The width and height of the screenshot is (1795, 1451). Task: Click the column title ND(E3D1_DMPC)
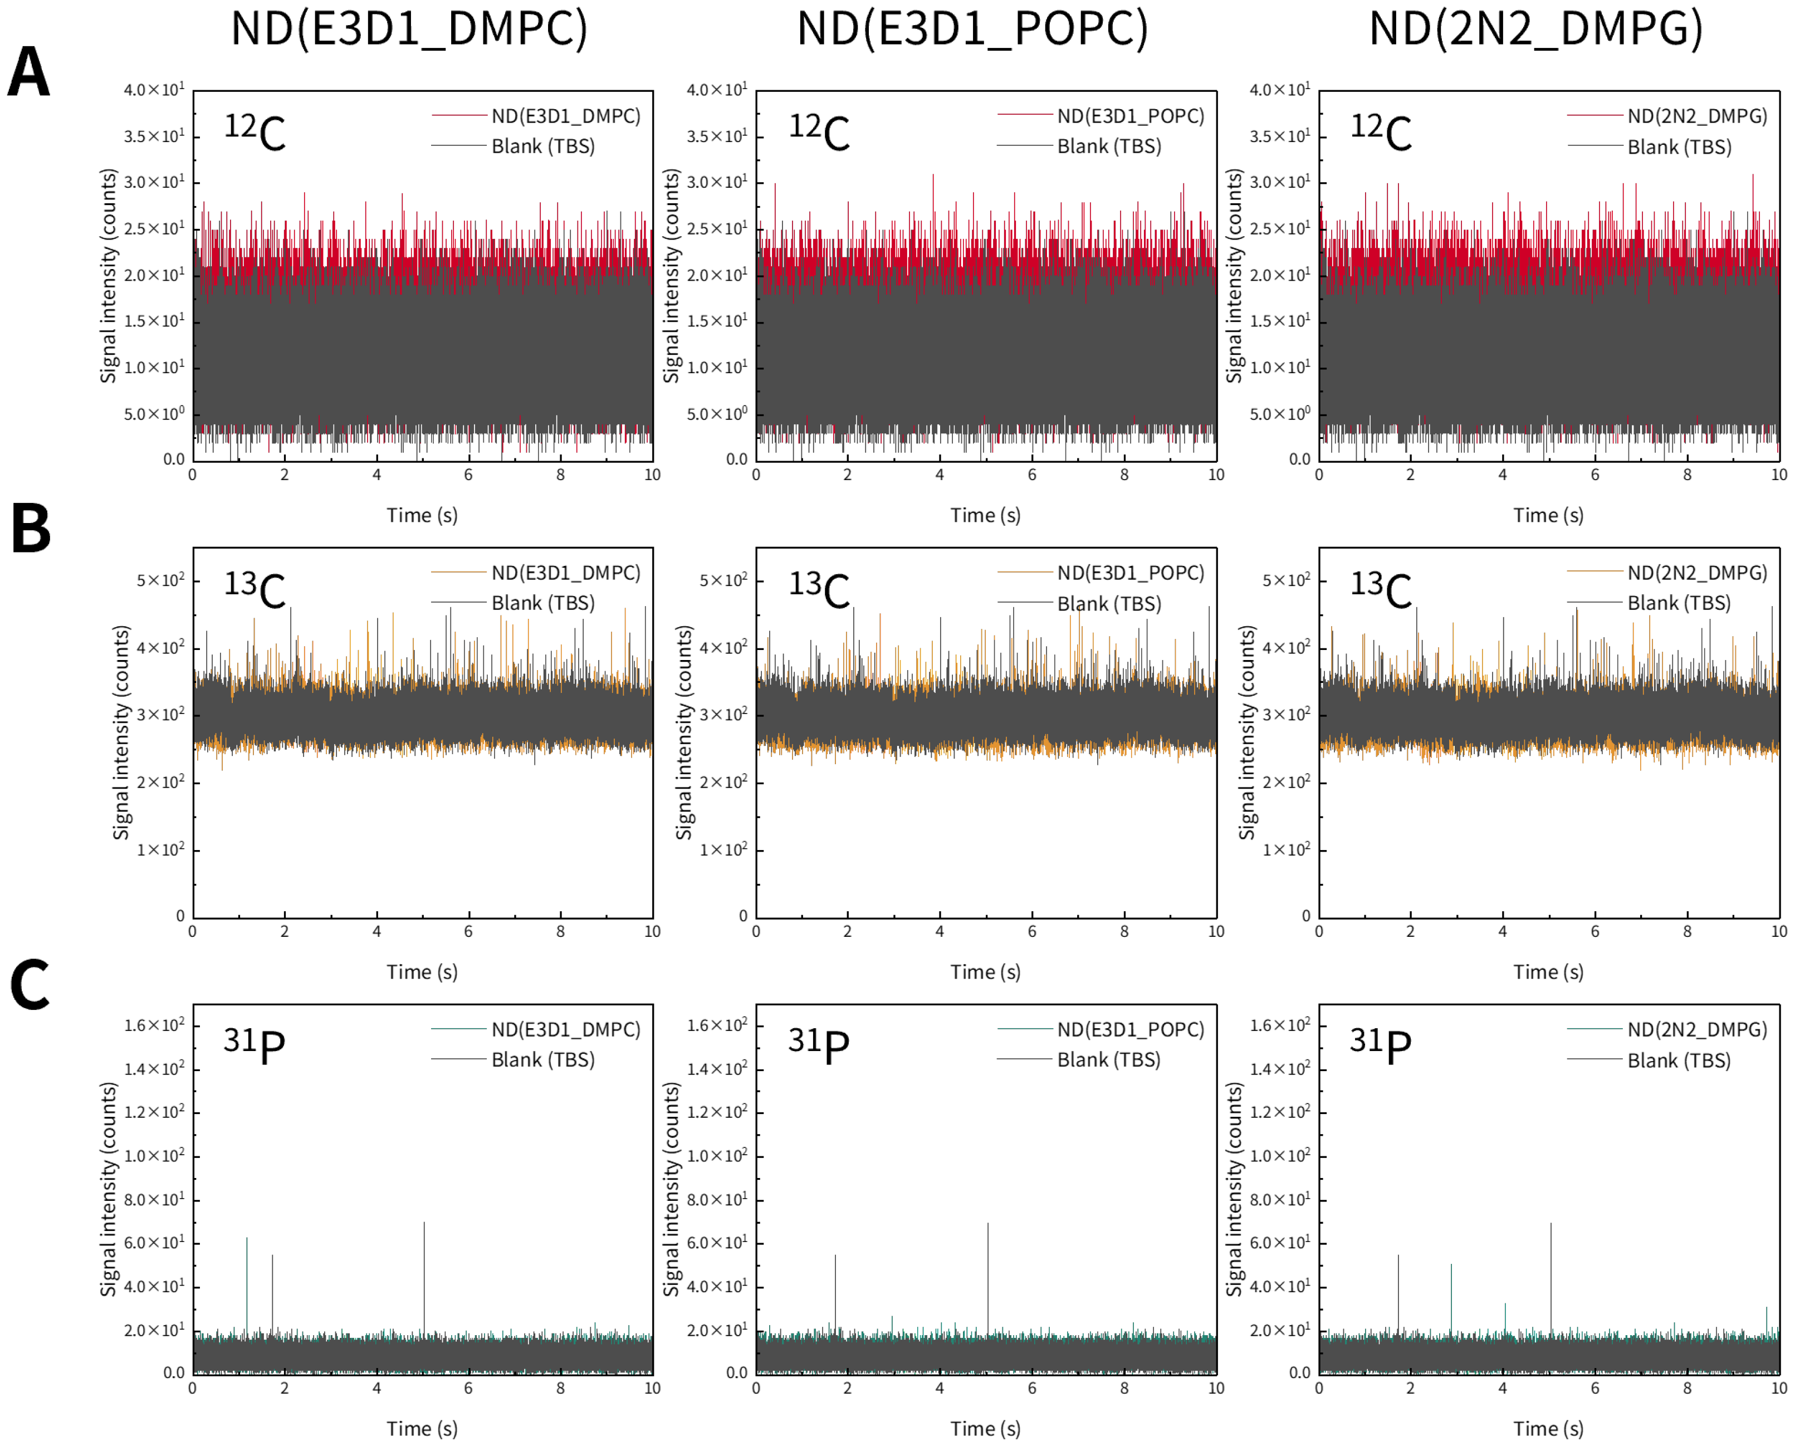coord(409,30)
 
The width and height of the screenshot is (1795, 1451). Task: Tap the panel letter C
coord(30,985)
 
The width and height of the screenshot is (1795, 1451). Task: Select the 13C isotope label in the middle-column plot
coord(818,588)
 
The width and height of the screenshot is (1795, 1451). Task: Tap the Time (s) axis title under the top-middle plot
coord(985,515)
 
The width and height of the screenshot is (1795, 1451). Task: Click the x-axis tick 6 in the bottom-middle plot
coord(1031,1388)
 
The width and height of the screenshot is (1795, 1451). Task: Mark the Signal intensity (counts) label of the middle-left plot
coord(122,732)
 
